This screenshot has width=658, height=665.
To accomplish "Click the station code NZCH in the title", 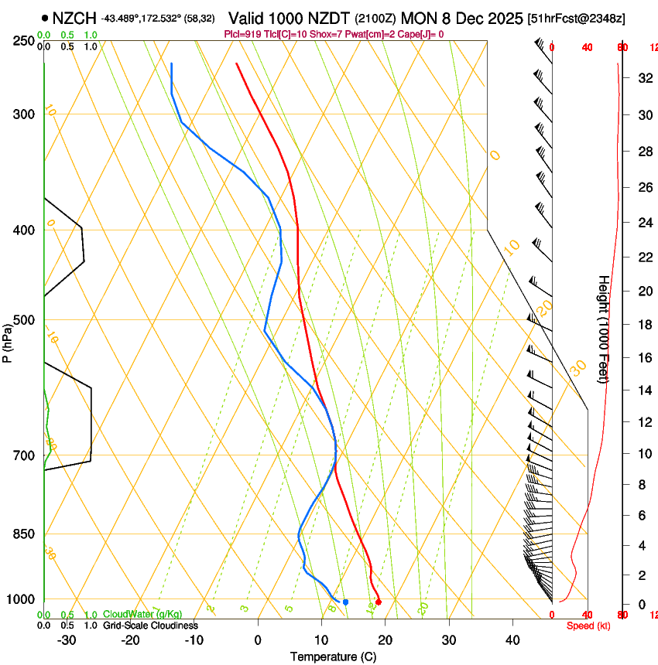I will pyautogui.click(x=74, y=18).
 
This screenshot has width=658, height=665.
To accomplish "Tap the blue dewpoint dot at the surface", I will pyautogui.click(x=345, y=602).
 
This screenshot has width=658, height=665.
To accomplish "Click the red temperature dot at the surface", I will pyautogui.click(x=379, y=602).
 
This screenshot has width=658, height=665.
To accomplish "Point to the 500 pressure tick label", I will pyautogui.click(x=23, y=320).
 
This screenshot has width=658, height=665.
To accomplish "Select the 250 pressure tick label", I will pyautogui.click(x=23, y=41).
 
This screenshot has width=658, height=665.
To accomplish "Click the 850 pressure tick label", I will pyautogui.click(x=23, y=534).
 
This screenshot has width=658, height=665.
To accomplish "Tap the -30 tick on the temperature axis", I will pyautogui.click(x=67, y=640).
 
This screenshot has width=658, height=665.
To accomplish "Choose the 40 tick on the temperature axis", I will pyautogui.click(x=512, y=640).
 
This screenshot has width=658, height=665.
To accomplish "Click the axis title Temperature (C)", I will pyautogui.click(x=333, y=656).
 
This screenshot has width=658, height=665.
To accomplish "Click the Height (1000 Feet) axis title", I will pyautogui.click(x=604, y=329).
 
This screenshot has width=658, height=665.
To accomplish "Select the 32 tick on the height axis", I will pyautogui.click(x=622, y=78).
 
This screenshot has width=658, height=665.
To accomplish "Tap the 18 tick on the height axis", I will pyautogui.click(x=622, y=325).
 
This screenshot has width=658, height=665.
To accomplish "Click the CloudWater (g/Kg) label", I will pyautogui.click(x=142, y=615).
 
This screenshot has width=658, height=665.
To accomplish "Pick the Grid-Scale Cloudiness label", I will pyautogui.click(x=150, y=626).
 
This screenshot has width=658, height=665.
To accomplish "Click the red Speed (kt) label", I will pyautogui.click(x=588, y=626).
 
